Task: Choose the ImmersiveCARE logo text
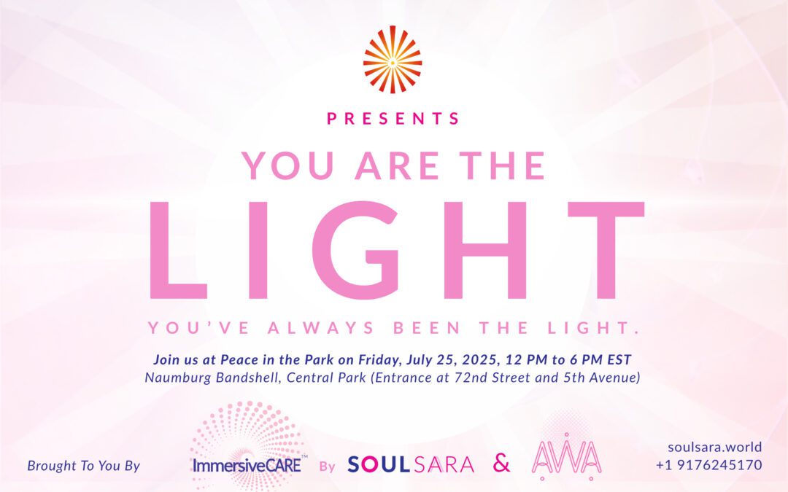coord(247,464)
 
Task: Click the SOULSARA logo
coord(411,464)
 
